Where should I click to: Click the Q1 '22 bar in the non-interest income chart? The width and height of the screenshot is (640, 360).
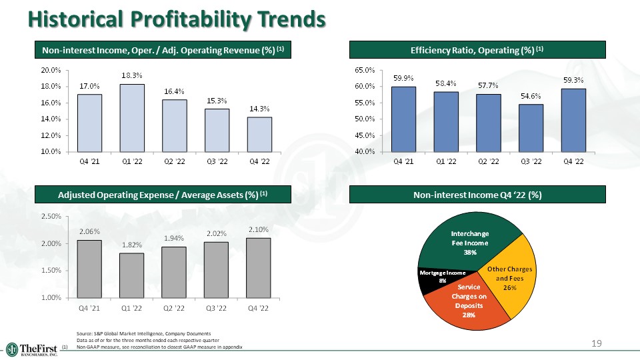(x=132, y=118)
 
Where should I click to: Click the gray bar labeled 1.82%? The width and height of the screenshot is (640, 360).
(x=132, y=275)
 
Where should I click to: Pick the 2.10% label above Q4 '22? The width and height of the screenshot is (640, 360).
(x=259, y=230)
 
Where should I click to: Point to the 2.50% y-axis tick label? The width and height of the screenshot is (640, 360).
(x=51, y=217)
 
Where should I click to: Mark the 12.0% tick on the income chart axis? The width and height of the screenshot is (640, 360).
(x=51, y=135)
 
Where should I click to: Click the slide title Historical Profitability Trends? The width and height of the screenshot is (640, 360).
(x=177, y=20)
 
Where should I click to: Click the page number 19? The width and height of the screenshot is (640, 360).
(x=597, y=343)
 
